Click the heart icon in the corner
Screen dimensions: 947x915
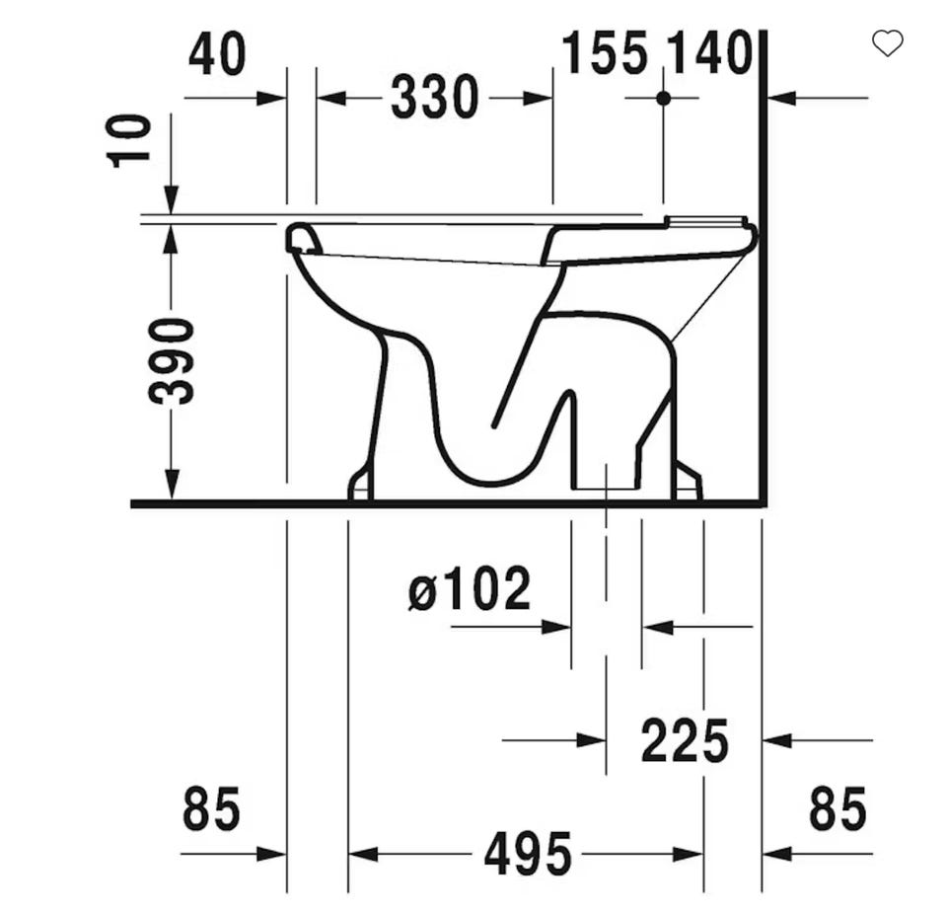[887, 43]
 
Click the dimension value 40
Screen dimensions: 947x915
[217, 54]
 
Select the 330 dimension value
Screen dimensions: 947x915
[435, 98]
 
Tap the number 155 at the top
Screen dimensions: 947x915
[605, 53]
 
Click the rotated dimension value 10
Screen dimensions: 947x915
[128, 141]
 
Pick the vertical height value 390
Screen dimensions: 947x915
[172, 361]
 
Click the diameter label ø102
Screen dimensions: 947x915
[470, 588]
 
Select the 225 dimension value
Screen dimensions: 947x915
[685, 740]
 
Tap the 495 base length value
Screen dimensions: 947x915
[528, 854]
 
